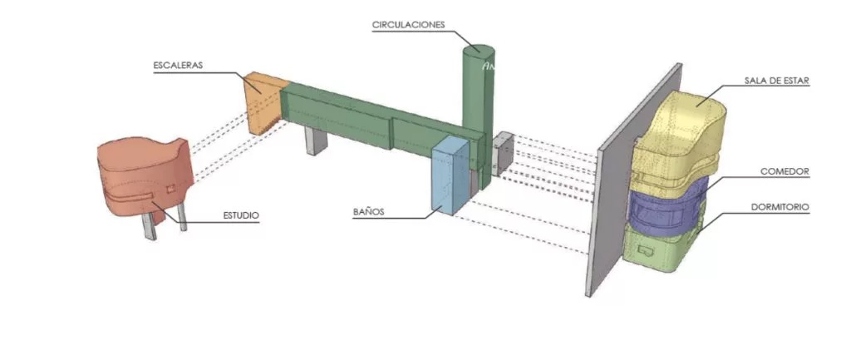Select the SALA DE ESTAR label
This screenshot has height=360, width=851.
777,81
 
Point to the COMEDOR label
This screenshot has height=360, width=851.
785,171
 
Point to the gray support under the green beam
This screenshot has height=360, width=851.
315,141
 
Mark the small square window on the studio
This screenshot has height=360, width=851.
171,188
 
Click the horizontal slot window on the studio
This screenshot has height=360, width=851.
138,196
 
